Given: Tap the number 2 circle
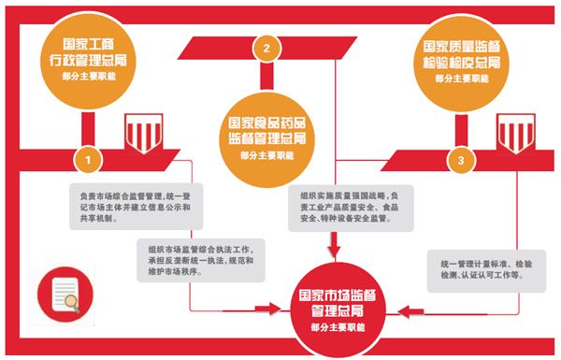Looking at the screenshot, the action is (267, 48).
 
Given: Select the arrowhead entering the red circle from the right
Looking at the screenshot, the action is (391, 307).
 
